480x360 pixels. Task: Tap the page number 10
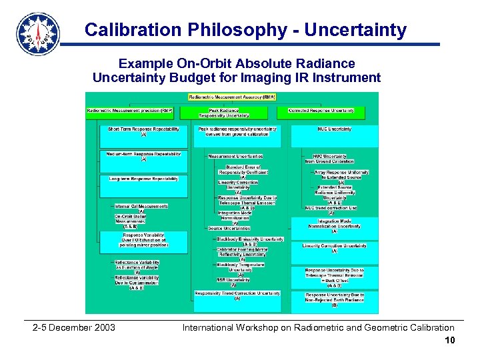point(450,341)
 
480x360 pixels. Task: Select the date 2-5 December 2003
point(74,327)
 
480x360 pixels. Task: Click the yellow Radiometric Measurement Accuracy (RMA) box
point(231,97)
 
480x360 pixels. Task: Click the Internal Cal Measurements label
point(141,207)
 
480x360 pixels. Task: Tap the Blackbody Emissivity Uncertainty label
point(250,239)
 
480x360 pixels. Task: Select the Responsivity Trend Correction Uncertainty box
point(237,295)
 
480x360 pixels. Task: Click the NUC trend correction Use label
point(331,208)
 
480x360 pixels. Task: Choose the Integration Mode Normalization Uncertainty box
point(334,224)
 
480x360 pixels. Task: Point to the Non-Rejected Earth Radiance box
point(335,299)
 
